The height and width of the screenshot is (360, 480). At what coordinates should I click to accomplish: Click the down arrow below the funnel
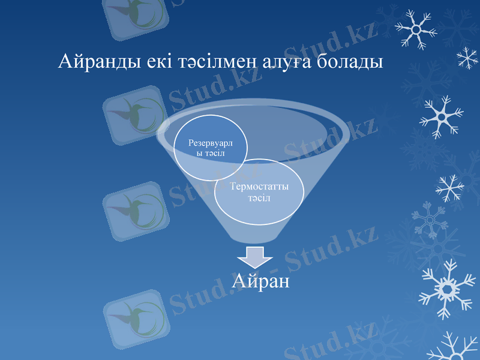pyautogui.click(x=254, y=256)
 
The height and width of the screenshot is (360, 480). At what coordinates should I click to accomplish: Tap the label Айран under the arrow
pyautogui.click(x=262, y=280)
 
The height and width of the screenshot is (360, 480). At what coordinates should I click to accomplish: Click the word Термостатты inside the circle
pyautogui.click(x=259, y=187)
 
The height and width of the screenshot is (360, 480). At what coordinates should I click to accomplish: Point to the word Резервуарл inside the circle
pyautogui.click(x=211, y=143)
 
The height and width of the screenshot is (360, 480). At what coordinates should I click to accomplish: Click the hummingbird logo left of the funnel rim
pyautogui.click(x=133, y=115)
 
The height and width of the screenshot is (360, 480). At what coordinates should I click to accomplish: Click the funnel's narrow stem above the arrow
pyautogui.click(x=254, y=231)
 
